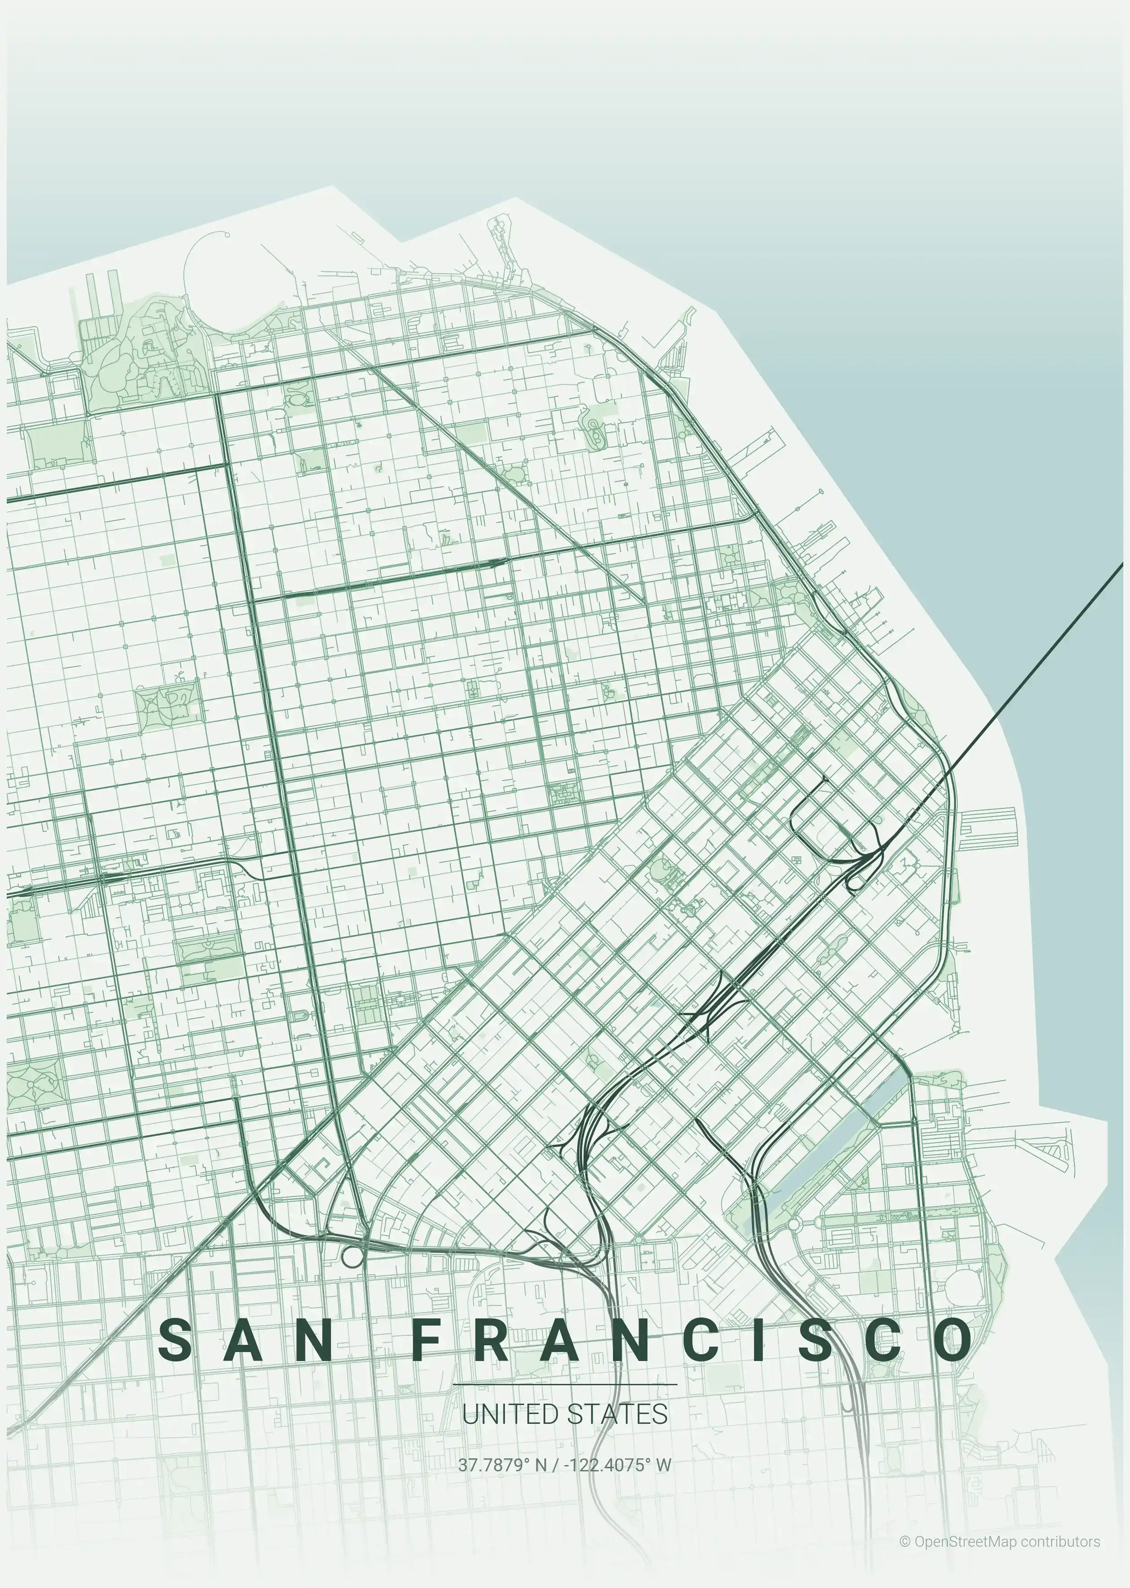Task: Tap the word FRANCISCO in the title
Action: click(x=692, y=1339)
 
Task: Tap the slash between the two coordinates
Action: click(x=555, y=1464)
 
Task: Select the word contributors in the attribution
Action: click(x=1060, y=1541)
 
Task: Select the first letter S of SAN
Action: click(x=176, y=1339)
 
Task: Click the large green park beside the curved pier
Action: click(x=139, y=355)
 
